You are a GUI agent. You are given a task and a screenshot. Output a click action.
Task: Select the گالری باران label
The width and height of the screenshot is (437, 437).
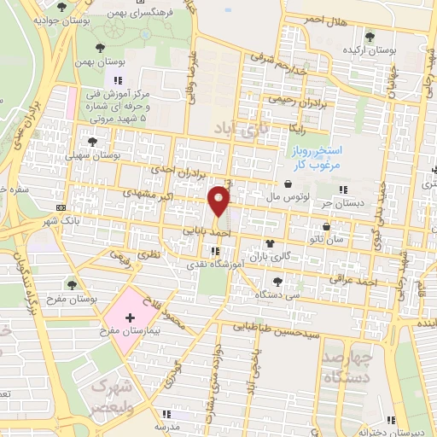pos(271,256)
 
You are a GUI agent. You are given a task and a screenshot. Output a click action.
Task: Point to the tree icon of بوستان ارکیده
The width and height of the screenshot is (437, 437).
pos(369,37)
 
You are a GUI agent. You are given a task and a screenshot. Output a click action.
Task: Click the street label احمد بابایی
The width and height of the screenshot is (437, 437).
pos(207,230)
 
